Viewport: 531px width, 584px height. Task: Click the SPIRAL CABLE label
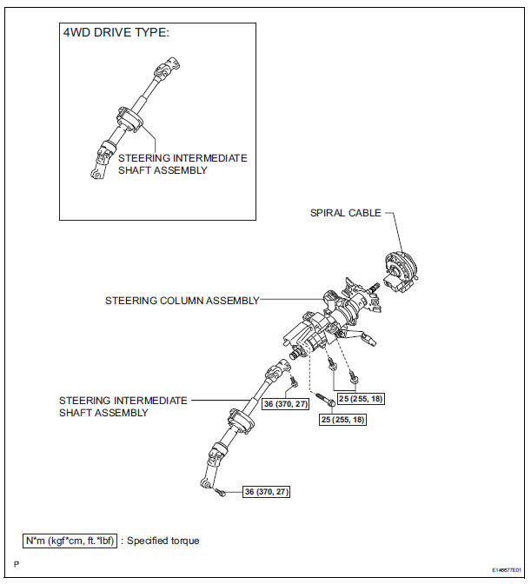pyautogui.click(x=346, y=212)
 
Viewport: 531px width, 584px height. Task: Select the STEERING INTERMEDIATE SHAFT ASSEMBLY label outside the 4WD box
pyautogui.click(x=123, y=407)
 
